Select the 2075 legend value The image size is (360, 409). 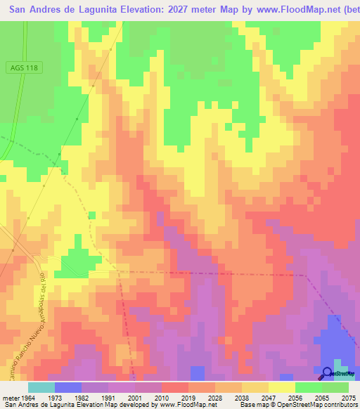348,397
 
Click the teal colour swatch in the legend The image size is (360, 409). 41,387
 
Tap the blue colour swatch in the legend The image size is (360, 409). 67,387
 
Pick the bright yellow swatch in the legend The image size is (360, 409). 281,387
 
